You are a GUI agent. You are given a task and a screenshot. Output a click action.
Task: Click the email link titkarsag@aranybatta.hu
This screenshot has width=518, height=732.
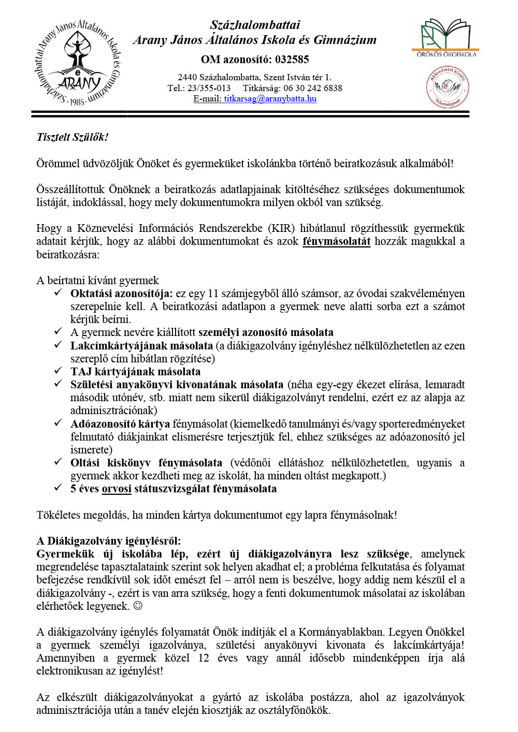pos(270,99)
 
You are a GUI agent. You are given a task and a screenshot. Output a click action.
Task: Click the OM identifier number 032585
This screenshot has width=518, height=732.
pos(292,60)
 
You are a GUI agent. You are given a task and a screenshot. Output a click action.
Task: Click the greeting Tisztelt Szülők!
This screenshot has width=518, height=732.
pos(73,137)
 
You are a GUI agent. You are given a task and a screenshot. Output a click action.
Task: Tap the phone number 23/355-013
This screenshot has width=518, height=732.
pos(209,88)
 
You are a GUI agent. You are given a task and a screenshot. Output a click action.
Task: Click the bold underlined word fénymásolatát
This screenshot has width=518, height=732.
pos(336,241)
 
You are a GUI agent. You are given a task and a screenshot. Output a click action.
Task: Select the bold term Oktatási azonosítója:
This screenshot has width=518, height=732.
pos(122,294)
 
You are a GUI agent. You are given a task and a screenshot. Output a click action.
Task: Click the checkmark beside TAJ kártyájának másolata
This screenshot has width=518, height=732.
pos(59,371)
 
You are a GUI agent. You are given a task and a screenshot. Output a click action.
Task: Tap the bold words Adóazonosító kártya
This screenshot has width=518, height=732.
pos(120,424)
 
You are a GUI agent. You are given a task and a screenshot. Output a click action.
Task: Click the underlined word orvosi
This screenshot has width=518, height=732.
pos(117,489)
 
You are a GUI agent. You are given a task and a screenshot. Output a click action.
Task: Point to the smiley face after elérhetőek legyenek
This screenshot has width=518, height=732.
pos(138,606)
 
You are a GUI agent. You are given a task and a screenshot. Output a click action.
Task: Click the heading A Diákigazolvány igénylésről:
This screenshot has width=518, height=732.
pos(109,541)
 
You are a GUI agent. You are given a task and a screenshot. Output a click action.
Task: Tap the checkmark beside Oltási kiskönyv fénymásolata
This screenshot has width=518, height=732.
pos(59,462)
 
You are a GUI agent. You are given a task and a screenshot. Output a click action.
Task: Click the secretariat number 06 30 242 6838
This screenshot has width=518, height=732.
pos(312,88)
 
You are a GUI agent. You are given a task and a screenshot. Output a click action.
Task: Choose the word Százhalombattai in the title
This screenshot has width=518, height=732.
pos(255,25)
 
